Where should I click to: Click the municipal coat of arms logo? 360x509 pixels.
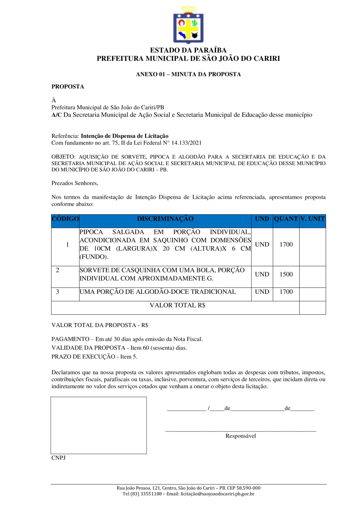point(188,25)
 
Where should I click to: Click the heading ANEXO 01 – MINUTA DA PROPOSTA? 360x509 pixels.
point(188,74)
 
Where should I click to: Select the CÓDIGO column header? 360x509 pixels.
point(65,219)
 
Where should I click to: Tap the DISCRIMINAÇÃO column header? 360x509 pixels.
point(165,219)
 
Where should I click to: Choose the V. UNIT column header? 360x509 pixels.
point(312,219)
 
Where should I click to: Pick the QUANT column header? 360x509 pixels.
point(286,219)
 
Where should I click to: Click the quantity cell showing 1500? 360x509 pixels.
point(286,275)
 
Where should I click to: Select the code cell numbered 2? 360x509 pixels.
point(58,270)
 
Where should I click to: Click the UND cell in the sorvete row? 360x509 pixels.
point(262,275)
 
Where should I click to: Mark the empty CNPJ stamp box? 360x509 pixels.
point(98,425)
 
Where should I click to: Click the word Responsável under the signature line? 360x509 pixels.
point(240,436)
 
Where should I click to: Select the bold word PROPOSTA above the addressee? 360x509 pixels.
point(68,87)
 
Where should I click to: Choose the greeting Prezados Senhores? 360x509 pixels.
point(75,184)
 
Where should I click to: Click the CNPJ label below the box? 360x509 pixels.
point(58,458)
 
